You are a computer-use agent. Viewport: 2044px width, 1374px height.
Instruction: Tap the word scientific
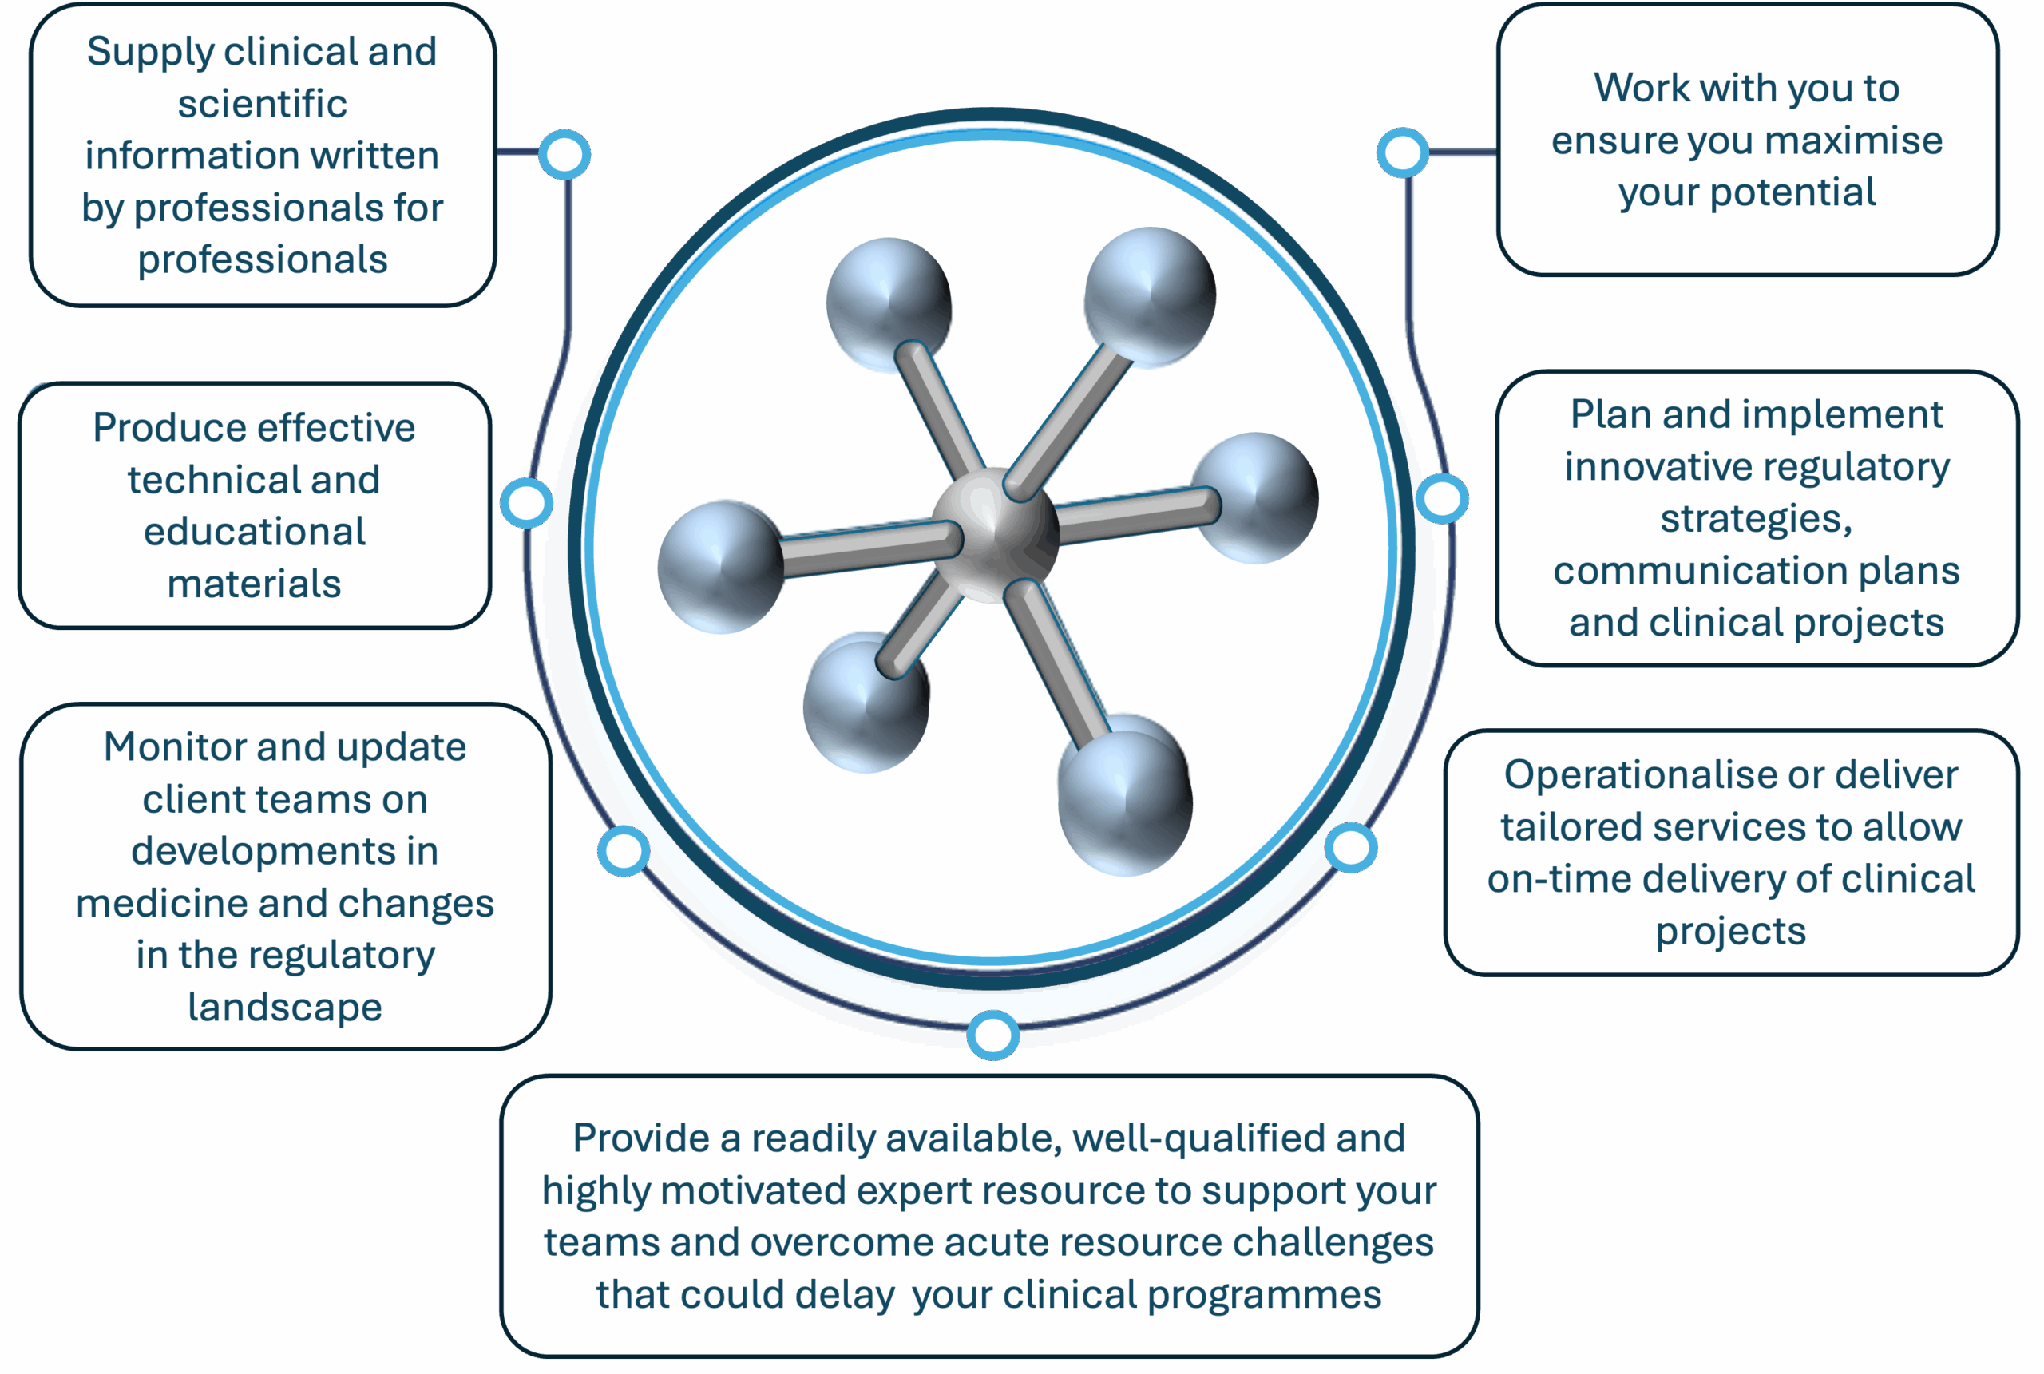point(262,104)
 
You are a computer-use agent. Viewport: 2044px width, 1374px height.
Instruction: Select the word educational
point(254,532)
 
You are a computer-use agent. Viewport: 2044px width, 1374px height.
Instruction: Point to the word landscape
point(285,1008)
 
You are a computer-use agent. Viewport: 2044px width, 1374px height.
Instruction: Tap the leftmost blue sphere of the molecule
point(721,567)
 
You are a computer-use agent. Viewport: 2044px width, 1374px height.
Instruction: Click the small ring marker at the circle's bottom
point(992,1035)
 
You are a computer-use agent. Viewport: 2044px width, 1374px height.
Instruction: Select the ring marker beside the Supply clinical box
point(564,155)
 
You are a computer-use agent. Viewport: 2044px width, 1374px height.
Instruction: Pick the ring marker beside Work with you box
point(1403,152)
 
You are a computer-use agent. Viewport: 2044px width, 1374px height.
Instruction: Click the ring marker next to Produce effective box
point(526,503)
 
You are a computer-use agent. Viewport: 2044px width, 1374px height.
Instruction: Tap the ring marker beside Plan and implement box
point(1442,499)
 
